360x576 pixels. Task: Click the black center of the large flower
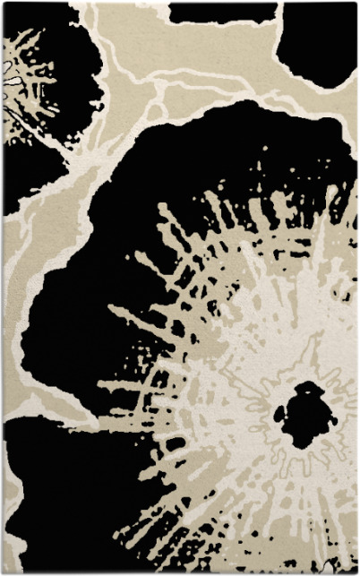pyautogui.click(x=304, y=414)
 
